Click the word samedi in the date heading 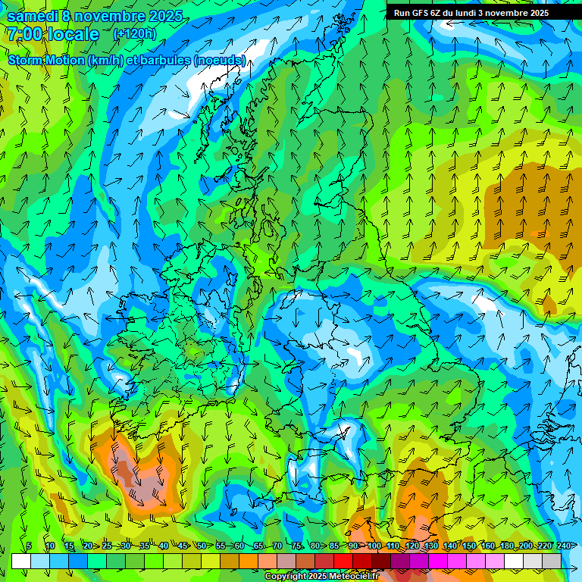click(32, 16)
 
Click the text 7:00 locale click(53, 34)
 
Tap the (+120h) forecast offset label click(134, 33)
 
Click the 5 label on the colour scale click(29, 546)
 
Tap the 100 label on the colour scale click(374, 546)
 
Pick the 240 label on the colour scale click(563, 546)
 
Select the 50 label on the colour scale click(202, 546)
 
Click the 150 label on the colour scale click(469, 546)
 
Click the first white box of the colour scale click(21, 561)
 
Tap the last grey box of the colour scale click(552, 561)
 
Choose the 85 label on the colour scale click(334, 546)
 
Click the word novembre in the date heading click(111, 16)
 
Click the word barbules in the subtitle click(166, 60)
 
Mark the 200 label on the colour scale click(525, 546)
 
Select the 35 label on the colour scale click(144, 546)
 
